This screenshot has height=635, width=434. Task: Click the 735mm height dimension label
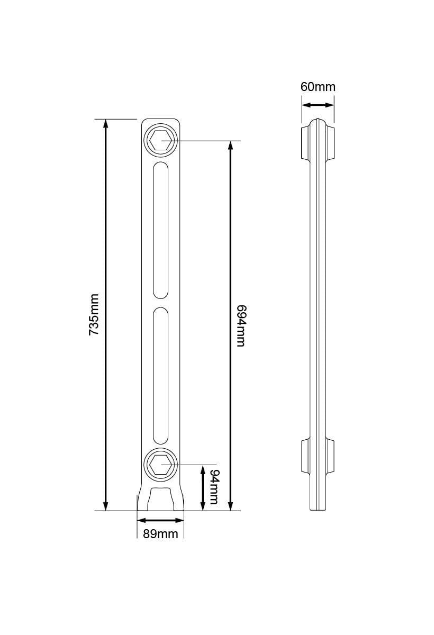(94, 315)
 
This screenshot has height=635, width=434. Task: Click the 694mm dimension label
(241, 325)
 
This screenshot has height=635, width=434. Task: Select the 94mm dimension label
(214, 487)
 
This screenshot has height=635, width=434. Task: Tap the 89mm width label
(160, 533)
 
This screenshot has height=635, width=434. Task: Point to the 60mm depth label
(318, 87)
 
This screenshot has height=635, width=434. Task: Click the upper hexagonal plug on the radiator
(160, 141)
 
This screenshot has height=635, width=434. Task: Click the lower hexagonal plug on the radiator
(160, 464)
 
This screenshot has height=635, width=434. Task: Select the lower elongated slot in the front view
(160, 376)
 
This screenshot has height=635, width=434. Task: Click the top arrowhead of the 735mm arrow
(106, 124)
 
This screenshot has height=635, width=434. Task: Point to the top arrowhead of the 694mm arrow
(230, 146)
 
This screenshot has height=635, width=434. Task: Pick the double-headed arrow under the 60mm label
(318, 105)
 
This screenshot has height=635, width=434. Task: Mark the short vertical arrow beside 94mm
(202, 487)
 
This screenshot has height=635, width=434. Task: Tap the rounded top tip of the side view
(318, 120)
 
